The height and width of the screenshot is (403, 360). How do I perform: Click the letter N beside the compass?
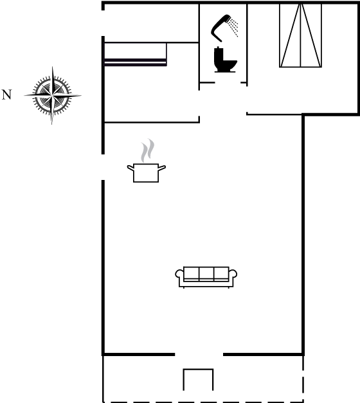pyautogui.click(x=6, y=94)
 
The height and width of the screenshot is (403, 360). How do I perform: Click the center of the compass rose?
pyautogui.click(x=53, y=96)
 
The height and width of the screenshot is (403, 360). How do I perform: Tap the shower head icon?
pyautogui.click(x=221, y=28)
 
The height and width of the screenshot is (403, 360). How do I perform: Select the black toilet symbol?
pyautogui.click(x=225, y=60)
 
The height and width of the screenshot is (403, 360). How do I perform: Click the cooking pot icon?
pyautogui.click(x=146, y=173)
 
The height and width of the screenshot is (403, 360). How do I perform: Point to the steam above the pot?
pyautogui.click(x=148, y=150)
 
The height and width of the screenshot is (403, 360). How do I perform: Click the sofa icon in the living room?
pyautogui.click(x=206, y=277)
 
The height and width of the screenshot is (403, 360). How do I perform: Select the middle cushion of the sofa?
pyautogui.click(x=206, y=273)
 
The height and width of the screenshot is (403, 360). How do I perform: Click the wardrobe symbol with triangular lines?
pyautogui.click(x=300, y=35)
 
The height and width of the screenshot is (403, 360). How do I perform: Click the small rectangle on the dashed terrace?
pyautogui.click(x=198, y=380)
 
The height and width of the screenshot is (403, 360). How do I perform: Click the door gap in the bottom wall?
pyautogui.click(x=199, y=354)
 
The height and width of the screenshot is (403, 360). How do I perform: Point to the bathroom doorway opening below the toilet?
pyautogui.click(x=228, y=82)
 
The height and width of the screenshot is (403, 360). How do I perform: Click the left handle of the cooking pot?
pyautogui.click(x=130, y=168)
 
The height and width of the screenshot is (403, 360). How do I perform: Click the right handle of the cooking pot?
pyautogui.click(x=162, y=168)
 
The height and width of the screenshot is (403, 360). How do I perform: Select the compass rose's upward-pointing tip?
pyautogui.click(x=53, y=67)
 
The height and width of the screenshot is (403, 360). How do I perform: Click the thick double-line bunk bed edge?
pyautogui.click(x=136, y=62)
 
